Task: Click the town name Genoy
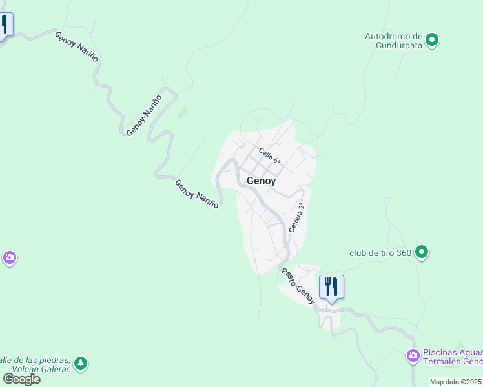261,181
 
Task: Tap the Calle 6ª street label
270,156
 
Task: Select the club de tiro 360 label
380,252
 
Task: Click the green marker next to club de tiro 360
422,252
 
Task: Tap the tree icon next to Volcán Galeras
81,364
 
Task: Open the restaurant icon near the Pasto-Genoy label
331,286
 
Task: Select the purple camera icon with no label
9,259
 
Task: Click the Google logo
22,379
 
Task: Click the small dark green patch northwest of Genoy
183,112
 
